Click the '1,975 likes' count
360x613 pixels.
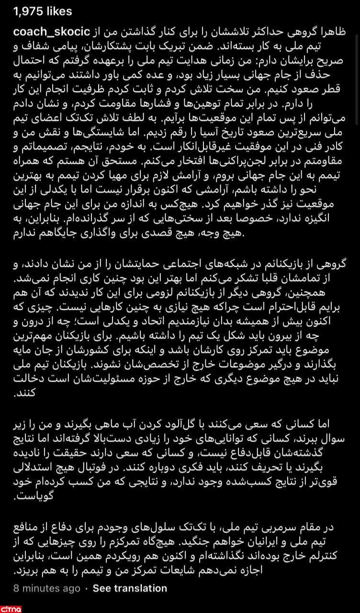pos(37,11)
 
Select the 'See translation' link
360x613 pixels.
pos(130,588)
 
